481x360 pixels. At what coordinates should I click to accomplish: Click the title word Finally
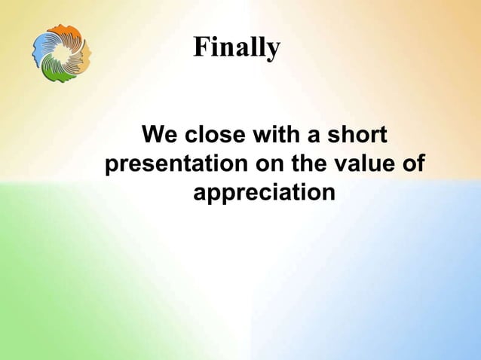click(x=237, y=47)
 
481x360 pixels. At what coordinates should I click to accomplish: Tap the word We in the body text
click(x=160, y=134)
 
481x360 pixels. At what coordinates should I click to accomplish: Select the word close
click(x=215, y=134)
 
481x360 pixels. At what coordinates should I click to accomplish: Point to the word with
click(x=276, y=134)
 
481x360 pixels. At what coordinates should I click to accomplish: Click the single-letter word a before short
click(x=314, y=136)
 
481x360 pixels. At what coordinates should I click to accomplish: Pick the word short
click(x=357, y=134)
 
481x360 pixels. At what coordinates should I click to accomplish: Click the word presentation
click(x=176, y=164)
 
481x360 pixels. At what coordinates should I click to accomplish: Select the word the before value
click(x=308, y=163)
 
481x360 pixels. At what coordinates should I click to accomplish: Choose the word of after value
click(x=413, y=163)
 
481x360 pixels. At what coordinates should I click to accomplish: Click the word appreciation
click(x=264, y=193)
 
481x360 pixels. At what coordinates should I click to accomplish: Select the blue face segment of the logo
click(x=41, y=49)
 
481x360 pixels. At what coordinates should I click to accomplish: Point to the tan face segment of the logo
click(x=84, y=58)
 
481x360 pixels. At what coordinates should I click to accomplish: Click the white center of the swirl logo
click(x=61, y=53)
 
